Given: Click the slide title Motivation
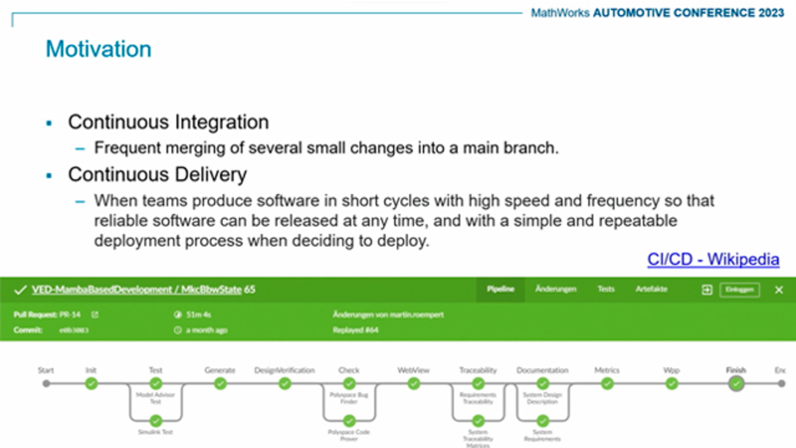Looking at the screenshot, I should coord(98,49).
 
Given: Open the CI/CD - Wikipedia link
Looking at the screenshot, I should coord(713,259).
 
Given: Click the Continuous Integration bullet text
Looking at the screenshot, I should coord(168,122).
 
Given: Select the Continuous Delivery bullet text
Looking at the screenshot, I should coord(157,175).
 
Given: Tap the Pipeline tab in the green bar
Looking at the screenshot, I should coord(500,289).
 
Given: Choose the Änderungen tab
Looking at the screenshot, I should coord(555,289).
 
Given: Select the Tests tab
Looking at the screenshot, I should coord(606,289).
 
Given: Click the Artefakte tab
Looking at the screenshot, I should coord(651,289).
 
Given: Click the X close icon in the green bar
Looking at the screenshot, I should coord(779,290).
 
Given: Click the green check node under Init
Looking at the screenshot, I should coord(91,384).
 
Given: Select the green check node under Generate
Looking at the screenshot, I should coord(220,384).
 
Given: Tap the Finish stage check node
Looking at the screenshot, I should coord(736,384).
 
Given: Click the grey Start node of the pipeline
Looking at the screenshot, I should coord(46,384).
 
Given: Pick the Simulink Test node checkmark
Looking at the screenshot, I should coord(155,421).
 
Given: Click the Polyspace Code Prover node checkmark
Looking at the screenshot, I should coord(349,421).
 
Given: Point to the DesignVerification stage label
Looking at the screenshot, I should coord(284,370).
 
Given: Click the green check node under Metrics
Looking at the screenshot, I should coord(607,384).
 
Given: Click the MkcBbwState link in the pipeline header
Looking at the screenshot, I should coord(210,290).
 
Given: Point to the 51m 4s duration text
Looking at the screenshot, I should coord(198,315).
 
